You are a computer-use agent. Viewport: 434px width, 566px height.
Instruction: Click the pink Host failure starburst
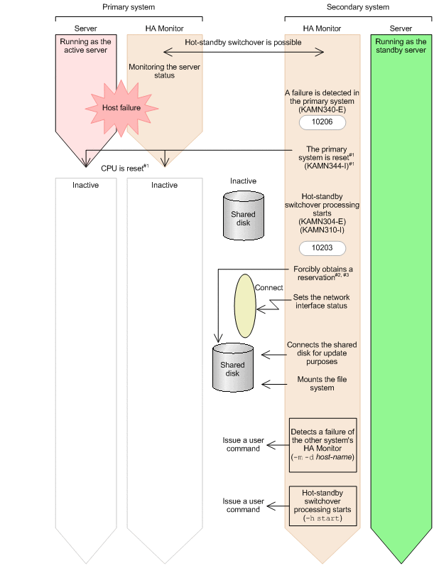click(121, 108)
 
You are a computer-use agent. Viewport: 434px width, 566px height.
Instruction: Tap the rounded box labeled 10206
click(322, 122)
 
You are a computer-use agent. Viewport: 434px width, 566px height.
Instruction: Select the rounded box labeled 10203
click(322, 248)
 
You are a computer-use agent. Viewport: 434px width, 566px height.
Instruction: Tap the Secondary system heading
click(357, 6)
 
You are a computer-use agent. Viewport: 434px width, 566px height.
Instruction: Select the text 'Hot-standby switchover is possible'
click(243, 43)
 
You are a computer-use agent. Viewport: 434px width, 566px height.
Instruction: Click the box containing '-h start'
click(322, 504)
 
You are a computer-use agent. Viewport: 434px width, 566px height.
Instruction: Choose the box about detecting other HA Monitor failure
click(322, 445)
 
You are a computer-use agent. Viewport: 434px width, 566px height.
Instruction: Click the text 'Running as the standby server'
click(401, 47)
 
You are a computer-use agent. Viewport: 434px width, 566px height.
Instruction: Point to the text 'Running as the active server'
click(85, 47)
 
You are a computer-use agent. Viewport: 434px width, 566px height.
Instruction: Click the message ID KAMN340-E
click(322, 110)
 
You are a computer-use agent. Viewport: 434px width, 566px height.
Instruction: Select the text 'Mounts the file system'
click(322, 385)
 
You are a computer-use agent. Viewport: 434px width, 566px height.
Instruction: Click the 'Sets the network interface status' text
click(321, 301)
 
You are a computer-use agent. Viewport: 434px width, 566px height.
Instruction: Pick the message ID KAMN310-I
click(322, 231)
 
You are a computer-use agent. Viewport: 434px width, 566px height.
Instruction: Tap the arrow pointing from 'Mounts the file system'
click(274, 385)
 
